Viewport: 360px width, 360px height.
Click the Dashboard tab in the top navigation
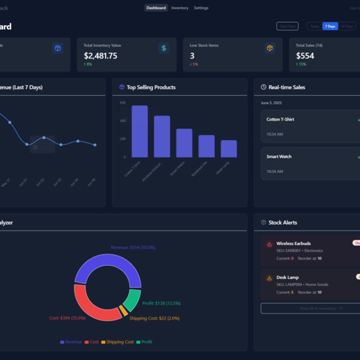click(156, 8)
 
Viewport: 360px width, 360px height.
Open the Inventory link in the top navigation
click(180, 8)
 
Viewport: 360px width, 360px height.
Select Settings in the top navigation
click(201, 8)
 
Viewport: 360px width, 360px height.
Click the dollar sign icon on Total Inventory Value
click(163, 48)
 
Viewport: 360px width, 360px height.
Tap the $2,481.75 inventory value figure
click(101, 56)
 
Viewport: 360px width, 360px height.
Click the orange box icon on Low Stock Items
click(270, 48)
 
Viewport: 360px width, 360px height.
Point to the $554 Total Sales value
click(305, 56)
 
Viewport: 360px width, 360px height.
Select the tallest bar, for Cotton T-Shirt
click(139, 131)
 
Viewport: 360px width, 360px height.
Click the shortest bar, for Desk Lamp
click(229, 148)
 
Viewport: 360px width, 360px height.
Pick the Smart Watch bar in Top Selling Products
click(184, 143)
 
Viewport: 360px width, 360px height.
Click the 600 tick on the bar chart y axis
click(123, 102)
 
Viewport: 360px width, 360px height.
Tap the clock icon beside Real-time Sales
click(264, 87)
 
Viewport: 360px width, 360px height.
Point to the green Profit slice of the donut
click(133, 300)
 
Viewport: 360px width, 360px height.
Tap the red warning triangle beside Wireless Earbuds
click(270, 244)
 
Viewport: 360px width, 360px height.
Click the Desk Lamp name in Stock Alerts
click(288, 277)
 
